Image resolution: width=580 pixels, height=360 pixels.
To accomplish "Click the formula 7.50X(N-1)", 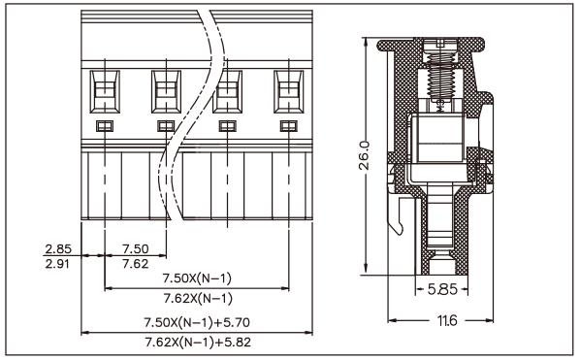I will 197,279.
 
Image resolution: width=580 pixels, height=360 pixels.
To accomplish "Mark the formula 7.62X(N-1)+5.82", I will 197,341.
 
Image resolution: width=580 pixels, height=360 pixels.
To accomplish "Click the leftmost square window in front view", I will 104,91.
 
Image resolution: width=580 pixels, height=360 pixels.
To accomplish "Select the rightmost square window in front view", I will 287,91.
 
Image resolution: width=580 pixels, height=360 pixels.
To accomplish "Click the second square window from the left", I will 165,91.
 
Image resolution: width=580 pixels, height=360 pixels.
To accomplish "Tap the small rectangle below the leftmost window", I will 104,126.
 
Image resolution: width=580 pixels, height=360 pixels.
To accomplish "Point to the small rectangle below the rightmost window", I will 287,126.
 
